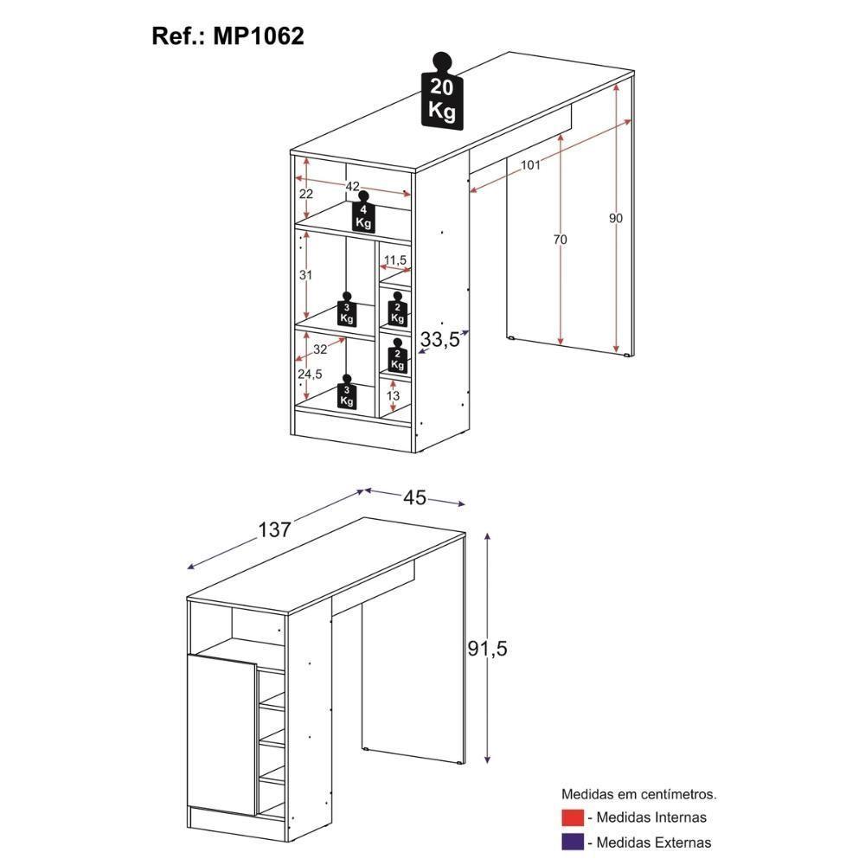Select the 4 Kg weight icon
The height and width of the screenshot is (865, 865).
(364, 214)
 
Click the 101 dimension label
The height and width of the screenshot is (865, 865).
(531, 164)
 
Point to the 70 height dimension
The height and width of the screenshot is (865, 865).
(561, 240)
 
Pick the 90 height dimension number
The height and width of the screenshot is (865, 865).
(615, 218)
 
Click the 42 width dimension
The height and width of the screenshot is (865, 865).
(353, 186)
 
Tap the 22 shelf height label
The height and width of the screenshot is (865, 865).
(305, 194)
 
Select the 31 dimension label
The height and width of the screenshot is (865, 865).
(305, 275)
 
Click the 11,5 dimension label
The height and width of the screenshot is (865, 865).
(395, 259)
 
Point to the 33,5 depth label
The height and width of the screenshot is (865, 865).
(439, 341)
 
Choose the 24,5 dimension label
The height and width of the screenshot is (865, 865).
(309, 374)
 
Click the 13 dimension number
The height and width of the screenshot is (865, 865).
(394, 395)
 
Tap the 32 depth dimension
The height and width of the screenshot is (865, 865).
(320, 349)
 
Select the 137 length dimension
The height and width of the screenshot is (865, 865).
(274, 529)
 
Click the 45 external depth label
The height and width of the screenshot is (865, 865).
(415, 497)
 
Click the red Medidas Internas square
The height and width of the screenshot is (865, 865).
(572, 817)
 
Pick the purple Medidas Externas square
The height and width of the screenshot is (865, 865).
(572, 842)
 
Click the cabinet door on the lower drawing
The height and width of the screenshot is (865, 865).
(221, 734)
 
